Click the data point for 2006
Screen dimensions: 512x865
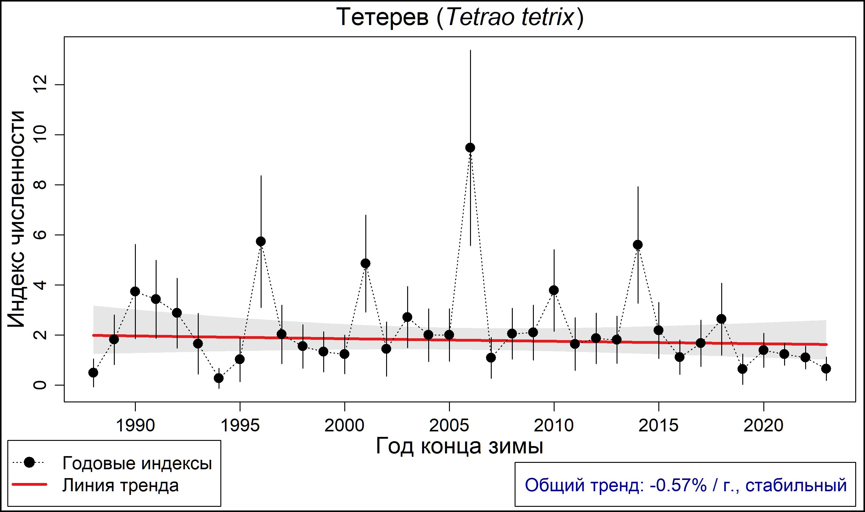(470, 148)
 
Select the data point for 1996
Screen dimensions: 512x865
(261, 241)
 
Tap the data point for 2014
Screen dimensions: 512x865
(638, 245)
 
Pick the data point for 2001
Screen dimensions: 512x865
(366, 263)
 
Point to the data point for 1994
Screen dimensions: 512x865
(219, 378)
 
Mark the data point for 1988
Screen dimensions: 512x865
(93, 372)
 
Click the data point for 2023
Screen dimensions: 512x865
(826, 369)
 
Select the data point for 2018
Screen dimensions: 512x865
(721, 319)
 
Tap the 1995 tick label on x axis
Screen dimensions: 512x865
(240, 426)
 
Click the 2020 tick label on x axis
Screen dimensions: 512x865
(763, 426)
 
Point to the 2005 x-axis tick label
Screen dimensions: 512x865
(449, 426)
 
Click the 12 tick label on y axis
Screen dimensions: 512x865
(40, 85)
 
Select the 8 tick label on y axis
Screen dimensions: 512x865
(40, 185)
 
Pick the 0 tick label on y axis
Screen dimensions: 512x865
(40, 385)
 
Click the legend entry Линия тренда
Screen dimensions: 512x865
(120, 485)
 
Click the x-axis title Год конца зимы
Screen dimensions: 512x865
(459, 446)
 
